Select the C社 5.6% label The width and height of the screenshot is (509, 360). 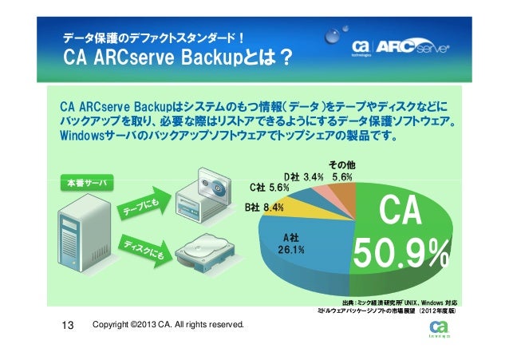(264, 188)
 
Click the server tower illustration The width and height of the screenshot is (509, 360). (80, 239)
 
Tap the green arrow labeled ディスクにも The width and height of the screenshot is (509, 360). (144, 251)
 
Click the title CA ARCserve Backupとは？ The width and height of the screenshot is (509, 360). (176, 59)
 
